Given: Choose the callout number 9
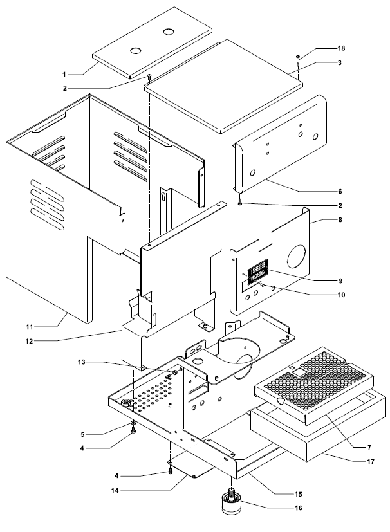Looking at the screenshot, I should click(340, 280).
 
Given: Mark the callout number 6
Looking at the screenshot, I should click(340, 192).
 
